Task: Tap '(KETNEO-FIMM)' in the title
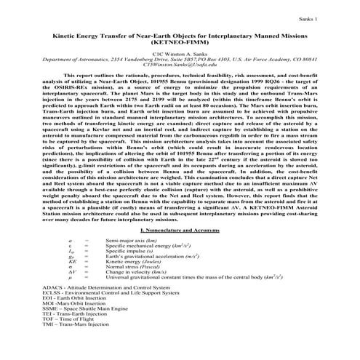coord(180,43)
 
